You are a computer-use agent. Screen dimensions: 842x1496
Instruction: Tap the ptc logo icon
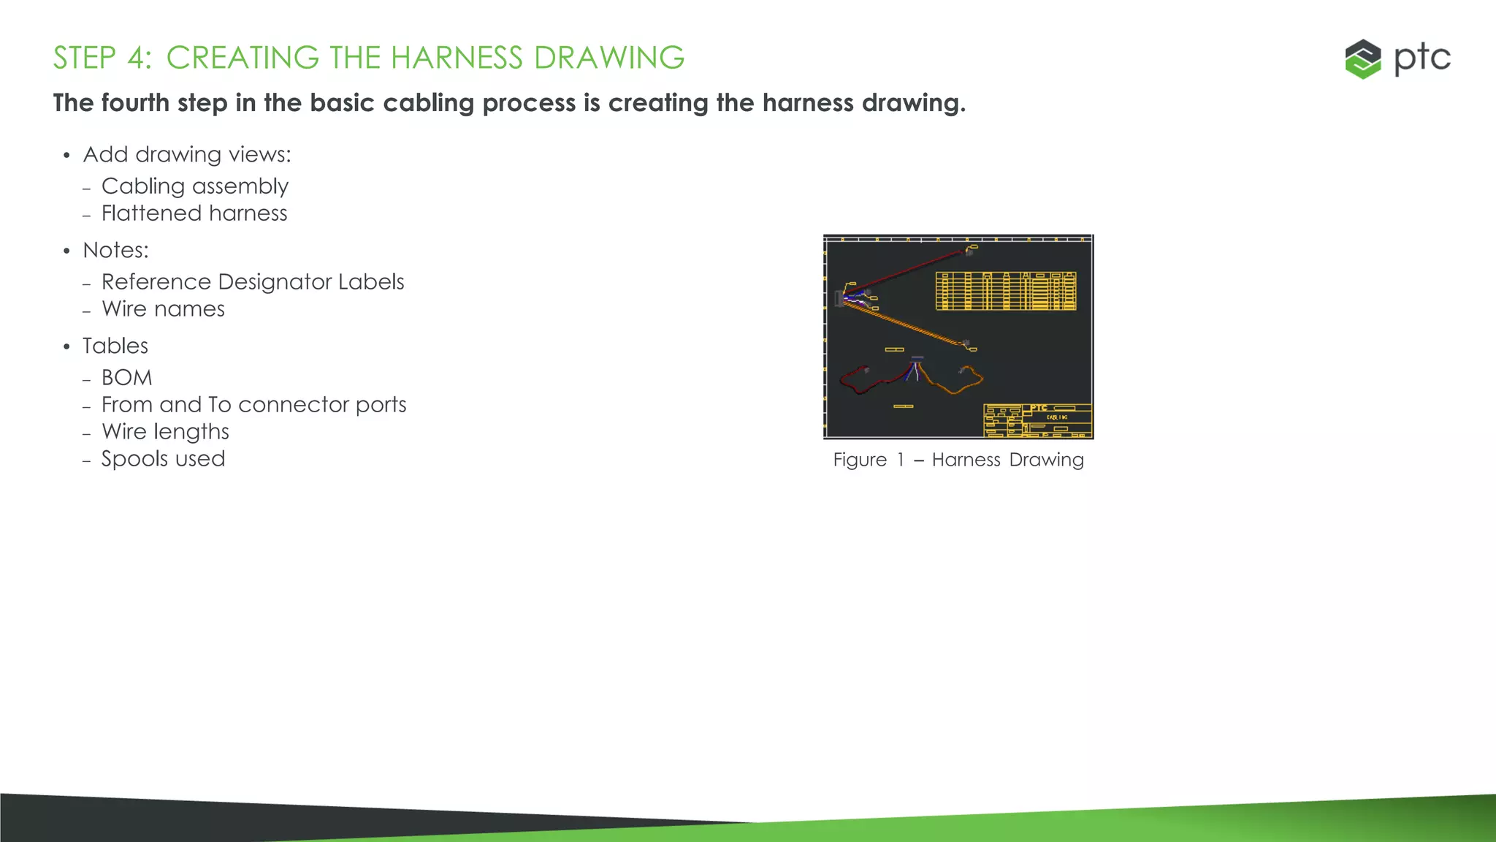point(1363,59)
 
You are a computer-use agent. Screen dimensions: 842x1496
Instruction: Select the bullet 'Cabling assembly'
point(194,186)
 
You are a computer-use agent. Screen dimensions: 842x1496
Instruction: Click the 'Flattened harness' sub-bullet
point(194,213)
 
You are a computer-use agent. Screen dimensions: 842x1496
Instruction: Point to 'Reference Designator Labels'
point(253,282)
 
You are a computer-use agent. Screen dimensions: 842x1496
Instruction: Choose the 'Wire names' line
point(163,309)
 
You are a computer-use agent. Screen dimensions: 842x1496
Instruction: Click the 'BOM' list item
point(127,378)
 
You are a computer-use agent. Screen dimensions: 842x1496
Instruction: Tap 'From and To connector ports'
point(253,405)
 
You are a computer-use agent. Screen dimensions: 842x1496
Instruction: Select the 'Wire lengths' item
point(165,432)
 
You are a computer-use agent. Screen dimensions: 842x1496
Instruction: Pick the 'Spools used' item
point(163,459)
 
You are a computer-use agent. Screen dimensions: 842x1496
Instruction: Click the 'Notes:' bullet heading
point(115,250)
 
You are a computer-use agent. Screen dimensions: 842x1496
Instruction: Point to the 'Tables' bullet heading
point(115,346)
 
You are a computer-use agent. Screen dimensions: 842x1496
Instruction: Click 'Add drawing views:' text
point(187,154)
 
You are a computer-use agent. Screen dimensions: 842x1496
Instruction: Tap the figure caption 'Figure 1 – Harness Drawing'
point(958,460)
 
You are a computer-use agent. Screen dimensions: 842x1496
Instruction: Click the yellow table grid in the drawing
point(1006,291)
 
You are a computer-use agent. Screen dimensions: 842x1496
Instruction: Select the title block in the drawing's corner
point(1037,420)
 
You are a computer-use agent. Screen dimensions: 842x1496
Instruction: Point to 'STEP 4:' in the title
point(102,58)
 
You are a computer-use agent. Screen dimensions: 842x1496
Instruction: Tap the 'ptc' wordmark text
point(1422,58)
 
